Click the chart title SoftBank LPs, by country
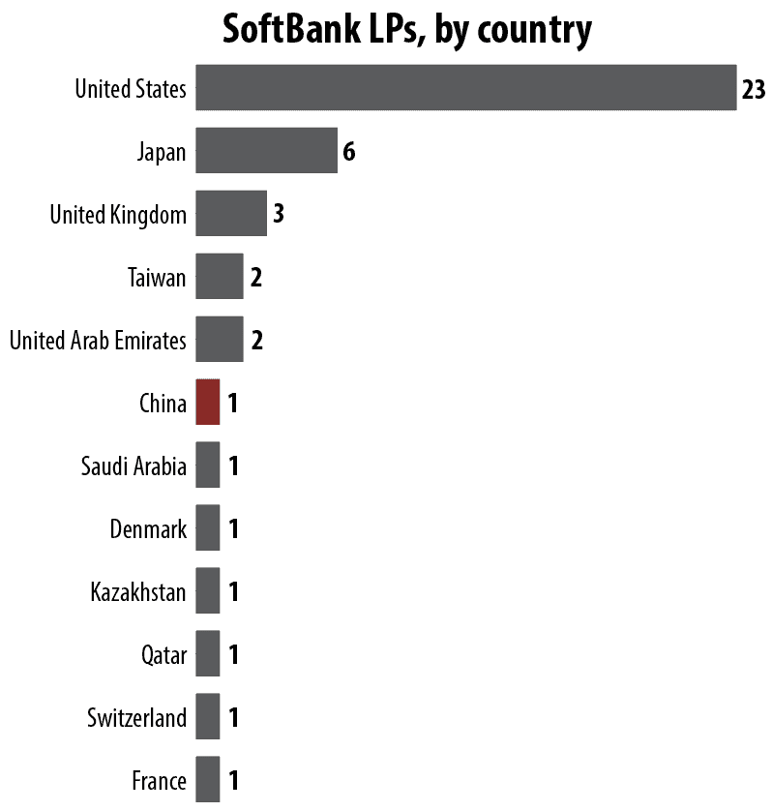pos(406,30)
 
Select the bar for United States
pos(465,88)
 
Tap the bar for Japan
pos(266,151)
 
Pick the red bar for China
pos(207,402)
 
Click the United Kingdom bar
pos(230,213)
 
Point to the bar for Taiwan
pos(219,277)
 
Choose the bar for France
pos(207,779)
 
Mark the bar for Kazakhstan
pos(207,590)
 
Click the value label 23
pos(754,90)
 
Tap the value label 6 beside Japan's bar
pos(349,152)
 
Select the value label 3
pos(278,214)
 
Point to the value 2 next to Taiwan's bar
pos(255,278)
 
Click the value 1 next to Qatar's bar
pos(232,655)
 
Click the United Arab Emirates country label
pos(98,341)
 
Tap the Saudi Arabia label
pos(134,466)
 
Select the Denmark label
pos(148,529)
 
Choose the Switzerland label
pos(136,718)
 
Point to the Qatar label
pos(163,656)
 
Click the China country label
pos(163,404)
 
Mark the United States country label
pos(131,90)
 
